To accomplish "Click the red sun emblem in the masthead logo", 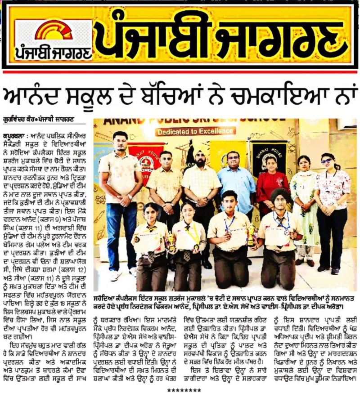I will point(53,31).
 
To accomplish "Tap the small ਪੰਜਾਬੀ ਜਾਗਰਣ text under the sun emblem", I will point(53,53).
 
